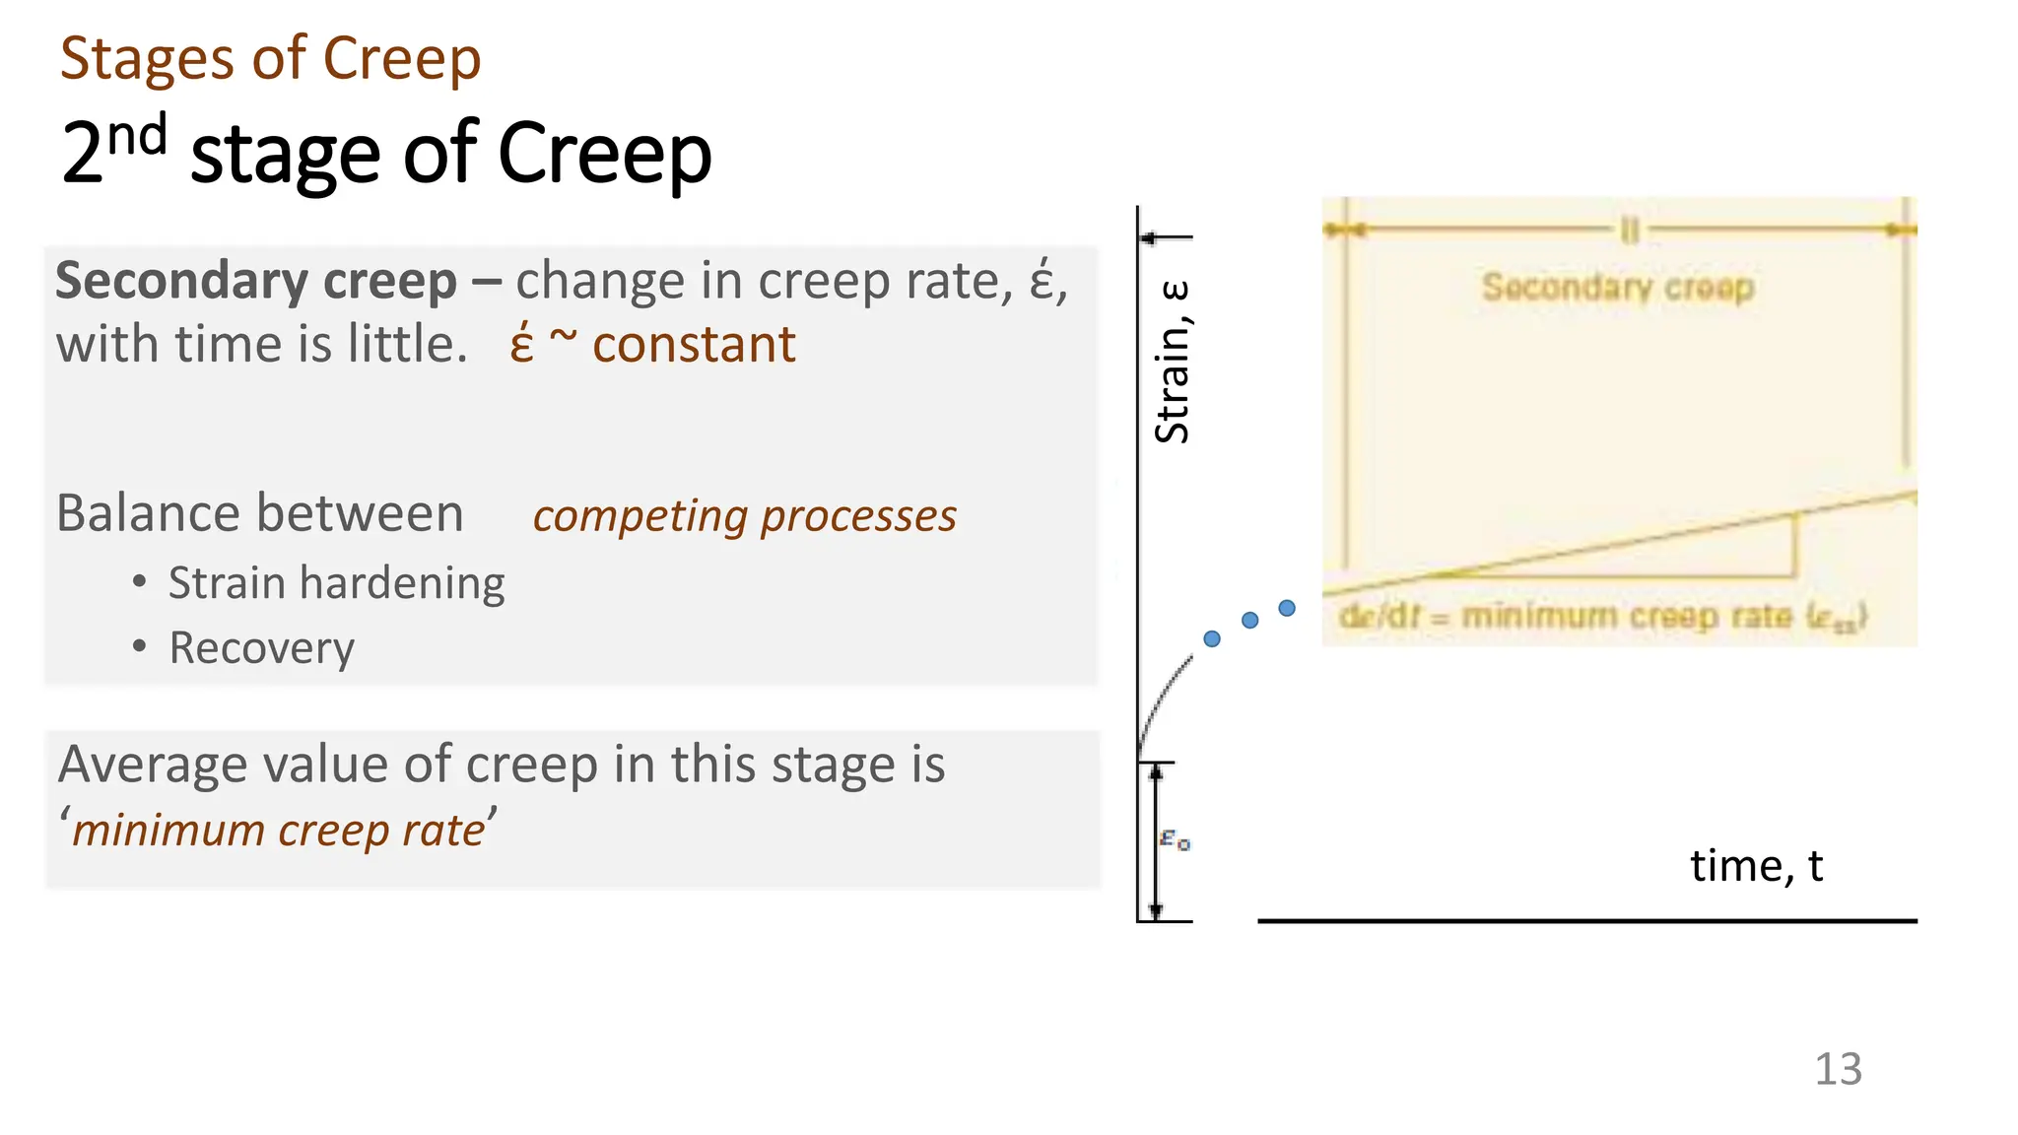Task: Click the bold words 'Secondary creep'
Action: click(x=255, y=282)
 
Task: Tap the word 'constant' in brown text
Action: click(x=694, y=346)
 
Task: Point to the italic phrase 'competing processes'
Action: click(x=744, y=516)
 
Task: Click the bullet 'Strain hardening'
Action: click(x=336, y=583)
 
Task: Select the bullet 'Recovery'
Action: click(x=261, y=648)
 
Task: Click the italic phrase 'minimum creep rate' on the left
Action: click(x=279, y=831)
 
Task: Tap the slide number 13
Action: click(x=1838, y=1069)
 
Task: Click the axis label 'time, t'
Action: click(x=1756, y=866)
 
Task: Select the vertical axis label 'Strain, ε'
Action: click(x=1173, y=362)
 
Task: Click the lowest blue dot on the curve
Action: click(x=1212, y=638)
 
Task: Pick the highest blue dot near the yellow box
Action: click(x=1287, y=608)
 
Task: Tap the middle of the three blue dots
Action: click(x=1249, y=620)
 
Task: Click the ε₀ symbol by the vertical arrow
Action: click(x=1175, y=839)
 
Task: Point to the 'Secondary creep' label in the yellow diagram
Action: click(x=1618, y=288)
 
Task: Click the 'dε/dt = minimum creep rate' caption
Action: click(x=1601, y=617)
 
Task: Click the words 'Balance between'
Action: click(x=259, y=514)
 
